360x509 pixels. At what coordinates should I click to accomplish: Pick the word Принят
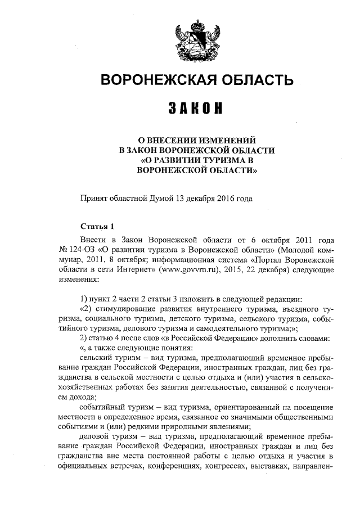click(94, 199)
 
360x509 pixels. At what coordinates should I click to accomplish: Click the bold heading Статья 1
click(98, 227)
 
